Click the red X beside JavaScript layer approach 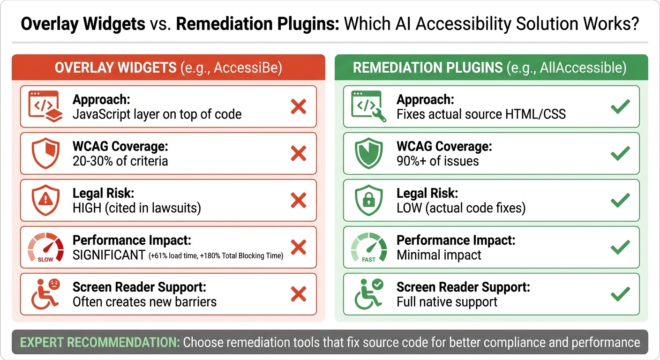pos(298,107)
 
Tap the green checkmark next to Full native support pos(620,294)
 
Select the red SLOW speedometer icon pos(45,247)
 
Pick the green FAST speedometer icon pos(369,247)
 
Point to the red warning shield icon pos(45,201)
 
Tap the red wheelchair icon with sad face pos(45,294)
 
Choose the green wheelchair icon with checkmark pos(369,294)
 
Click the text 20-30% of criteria pos(120,161)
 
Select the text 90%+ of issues pos(438,161)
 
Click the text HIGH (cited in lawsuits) pos(136,208)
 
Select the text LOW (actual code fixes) pos(461,208)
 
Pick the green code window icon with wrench pos(369,107)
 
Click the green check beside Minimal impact pos(620,247)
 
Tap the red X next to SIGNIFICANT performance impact pos(298,247)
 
